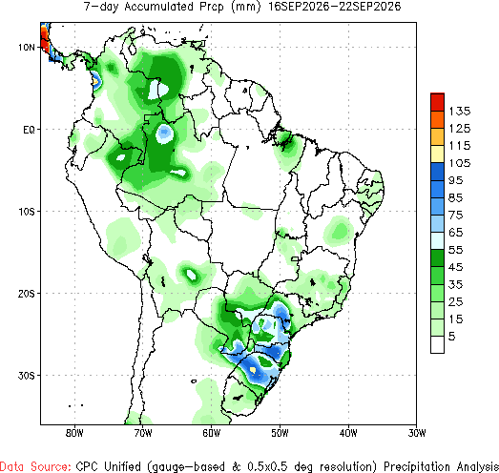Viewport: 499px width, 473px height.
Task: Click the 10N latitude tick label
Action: coord(26,48)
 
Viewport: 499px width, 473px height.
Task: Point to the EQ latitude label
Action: coord(29,130)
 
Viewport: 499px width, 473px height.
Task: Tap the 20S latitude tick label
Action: coord(26,294)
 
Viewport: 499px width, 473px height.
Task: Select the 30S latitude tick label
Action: coord(26,376)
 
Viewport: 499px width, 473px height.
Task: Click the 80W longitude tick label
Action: coord(74,433)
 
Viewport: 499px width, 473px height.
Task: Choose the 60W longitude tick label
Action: coord(211,433)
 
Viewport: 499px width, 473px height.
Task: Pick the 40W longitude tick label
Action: coord(348,433)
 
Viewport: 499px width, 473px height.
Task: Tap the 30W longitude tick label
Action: coord(417,433)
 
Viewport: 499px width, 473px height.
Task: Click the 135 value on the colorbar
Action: coord(460,112)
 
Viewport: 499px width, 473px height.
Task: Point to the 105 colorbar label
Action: coord(460,163)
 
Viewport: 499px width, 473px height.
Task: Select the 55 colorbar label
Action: coord(455,250)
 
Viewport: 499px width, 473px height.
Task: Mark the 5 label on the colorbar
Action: coord(452,337)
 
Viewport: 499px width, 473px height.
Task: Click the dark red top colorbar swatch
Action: coord(437,102)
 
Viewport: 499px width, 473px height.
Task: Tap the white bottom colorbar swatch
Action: coord(437,344)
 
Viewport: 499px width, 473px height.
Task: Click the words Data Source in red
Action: coord(35,466)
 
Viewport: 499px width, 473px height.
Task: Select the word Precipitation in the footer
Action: coord(417,466)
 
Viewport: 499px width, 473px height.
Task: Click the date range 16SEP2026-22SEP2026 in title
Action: coord(334,7)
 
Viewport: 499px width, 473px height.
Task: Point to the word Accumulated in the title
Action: coord(158,7)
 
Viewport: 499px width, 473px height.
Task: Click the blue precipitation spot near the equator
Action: coord(164,134)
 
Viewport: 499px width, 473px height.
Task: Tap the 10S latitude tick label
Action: coord(26,212)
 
